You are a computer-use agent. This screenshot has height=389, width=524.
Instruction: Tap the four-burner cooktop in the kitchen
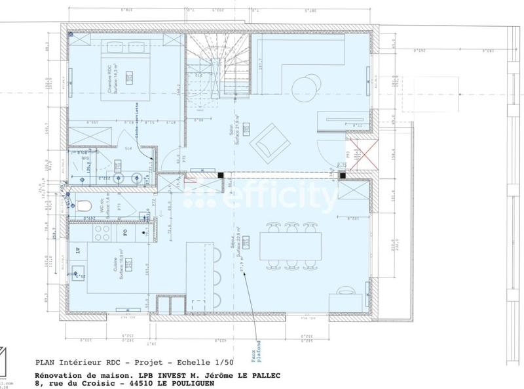click(x=102, y=232)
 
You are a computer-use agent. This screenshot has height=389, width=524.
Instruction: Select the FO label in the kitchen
click(x=125, y=232)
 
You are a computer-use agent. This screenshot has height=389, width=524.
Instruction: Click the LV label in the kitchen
click(x=79, y=250)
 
